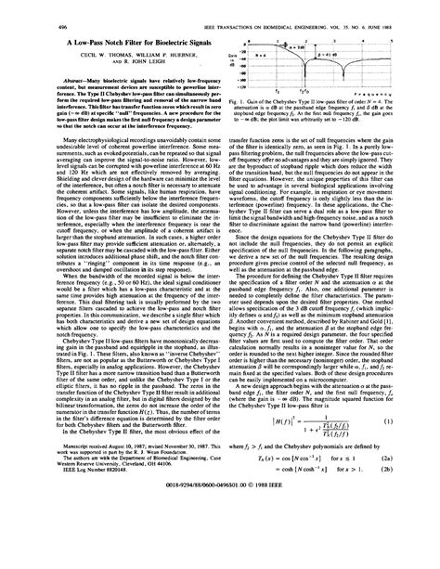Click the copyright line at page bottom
coord(220,537)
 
